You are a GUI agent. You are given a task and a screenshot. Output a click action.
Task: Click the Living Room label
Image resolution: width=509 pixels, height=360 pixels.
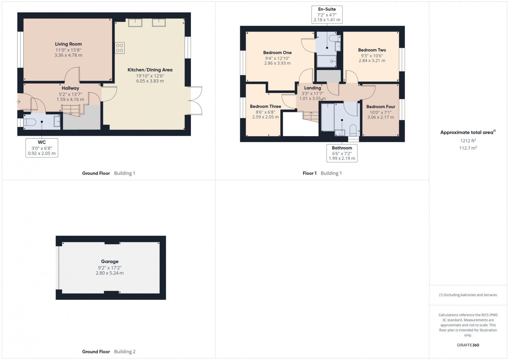coord(68,44)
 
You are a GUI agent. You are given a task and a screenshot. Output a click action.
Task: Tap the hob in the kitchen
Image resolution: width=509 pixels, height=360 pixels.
coord(120,48)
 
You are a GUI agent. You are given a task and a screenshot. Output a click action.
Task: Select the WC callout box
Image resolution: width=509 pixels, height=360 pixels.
coord(42,148)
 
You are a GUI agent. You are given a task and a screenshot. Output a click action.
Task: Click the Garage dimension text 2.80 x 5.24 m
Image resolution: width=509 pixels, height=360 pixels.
coord(110,273)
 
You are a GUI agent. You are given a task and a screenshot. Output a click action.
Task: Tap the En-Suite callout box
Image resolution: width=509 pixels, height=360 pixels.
coord(327,15)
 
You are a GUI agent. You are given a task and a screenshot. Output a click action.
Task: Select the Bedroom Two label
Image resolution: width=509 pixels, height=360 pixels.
coord(372,50)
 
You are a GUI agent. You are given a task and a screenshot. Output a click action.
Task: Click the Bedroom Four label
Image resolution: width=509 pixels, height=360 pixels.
coord(380,107)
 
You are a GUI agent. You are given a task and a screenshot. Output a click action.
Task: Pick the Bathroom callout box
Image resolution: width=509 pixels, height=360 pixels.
coord(342,153)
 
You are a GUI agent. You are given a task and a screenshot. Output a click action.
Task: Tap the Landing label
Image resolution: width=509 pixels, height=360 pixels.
coord(312,88)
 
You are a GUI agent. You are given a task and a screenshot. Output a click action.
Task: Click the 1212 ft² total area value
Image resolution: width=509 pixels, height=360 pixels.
coord(468,141)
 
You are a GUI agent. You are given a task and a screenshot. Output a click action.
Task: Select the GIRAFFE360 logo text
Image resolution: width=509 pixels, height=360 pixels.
coord(468,345)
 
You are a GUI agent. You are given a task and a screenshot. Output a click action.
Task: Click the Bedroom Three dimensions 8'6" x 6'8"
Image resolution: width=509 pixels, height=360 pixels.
coord(265,112)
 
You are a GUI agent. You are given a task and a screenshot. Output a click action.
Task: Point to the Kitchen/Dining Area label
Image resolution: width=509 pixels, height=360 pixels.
coord(150,70)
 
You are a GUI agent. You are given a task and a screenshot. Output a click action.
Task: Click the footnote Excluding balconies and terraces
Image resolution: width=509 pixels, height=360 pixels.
coord(468,295)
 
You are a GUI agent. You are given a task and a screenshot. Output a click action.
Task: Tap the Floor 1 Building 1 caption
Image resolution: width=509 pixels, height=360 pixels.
coord(322,173)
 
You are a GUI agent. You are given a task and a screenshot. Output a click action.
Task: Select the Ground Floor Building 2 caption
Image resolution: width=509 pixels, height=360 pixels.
coord(109,351)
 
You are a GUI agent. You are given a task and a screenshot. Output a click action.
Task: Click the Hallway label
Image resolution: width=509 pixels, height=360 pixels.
coord(70,88)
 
